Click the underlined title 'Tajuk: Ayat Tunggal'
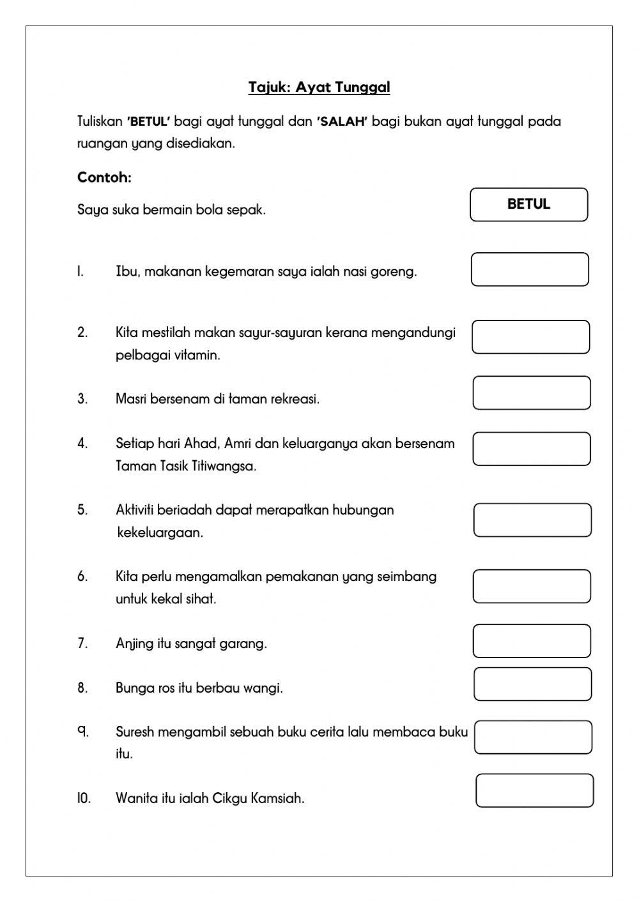click(x=319, y=87)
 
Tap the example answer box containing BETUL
click(x=528, y=205)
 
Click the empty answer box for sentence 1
click(x=530, y=269)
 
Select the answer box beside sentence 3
click(x=532, y=393)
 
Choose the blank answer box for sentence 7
click(x=532, y=641)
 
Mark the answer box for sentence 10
click(x=534, y=791)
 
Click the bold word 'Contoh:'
click(x=104, y=177)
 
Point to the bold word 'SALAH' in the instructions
click(x=342, y=122)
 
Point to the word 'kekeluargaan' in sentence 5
click(x=160, y=533)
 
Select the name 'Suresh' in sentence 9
click(x=135, y=732)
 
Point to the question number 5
click(x=82, y=510)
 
